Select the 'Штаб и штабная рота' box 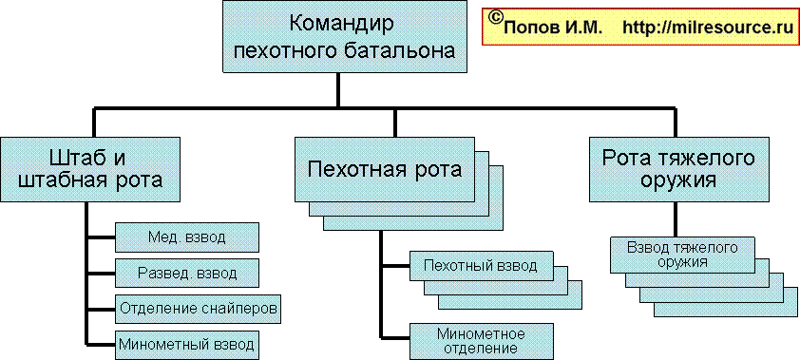click(89, 169)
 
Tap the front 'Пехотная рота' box click(384, 169)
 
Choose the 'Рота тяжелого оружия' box click(678, 169)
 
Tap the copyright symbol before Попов click(495, 18)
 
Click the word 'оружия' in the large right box click(678, 180)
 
